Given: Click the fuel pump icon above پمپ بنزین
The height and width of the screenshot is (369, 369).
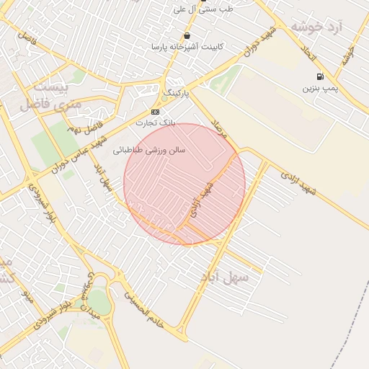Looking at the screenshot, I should (320, 76).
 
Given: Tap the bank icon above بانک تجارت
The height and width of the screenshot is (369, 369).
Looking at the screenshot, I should (155, 112).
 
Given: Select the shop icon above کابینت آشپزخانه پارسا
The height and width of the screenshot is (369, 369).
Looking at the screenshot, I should (187, 35).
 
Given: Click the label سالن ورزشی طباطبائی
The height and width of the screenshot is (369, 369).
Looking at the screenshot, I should (150, 151).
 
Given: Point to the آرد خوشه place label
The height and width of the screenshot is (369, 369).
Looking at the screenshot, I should (316, 27).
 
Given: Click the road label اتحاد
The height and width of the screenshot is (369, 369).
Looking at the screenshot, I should (308, 53).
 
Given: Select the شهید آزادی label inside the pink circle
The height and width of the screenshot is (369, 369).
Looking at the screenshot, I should (200, 201).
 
